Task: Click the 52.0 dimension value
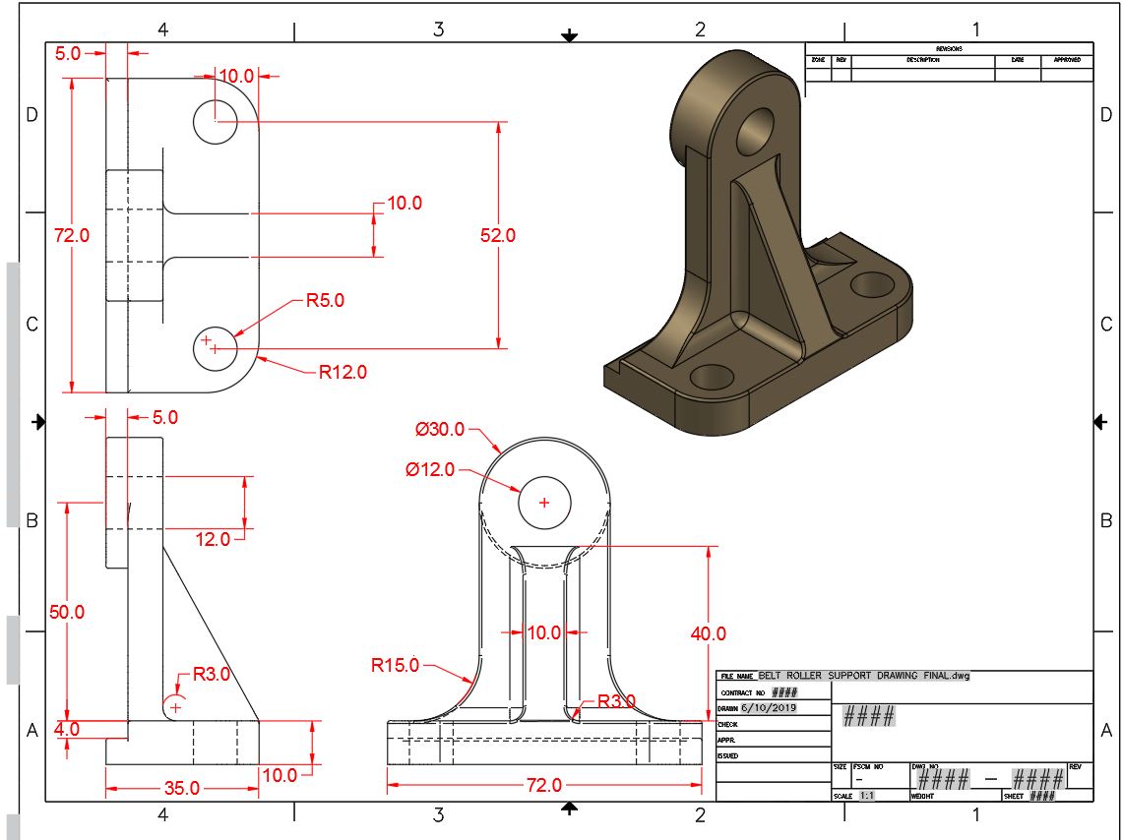click(x=497, y=235)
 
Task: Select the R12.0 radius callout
click(x=342, y=372)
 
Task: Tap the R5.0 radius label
click(x=325, y=300)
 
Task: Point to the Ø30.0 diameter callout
click(x=439, y=429)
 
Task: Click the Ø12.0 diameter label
click(x=429, y=469)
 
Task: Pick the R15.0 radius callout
click(x=396, y=665)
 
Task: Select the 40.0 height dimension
click(x=708, y=633)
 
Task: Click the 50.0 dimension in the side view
click(x=66, y=611)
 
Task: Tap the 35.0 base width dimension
click(x=182, y=788)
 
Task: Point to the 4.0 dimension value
click(x=66, y=729)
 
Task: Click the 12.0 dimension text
click(x=212, y=538)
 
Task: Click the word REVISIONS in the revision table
click(x=949, y=48)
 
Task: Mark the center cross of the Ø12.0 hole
click(x=542, y=503)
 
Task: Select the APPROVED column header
click(x=1067, y=60)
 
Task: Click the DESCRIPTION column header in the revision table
click(x=923, y=60)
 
